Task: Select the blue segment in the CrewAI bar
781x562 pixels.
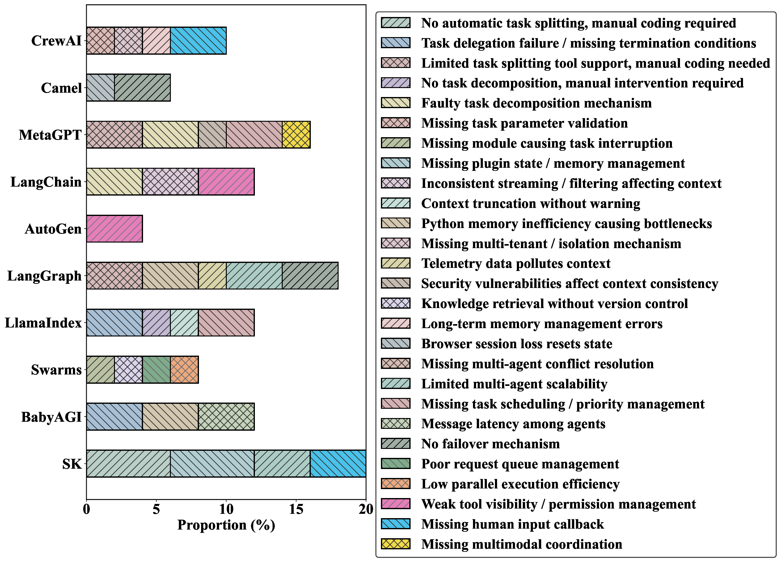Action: [x=198, y=41]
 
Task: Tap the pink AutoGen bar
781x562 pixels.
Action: [x=114, y=229]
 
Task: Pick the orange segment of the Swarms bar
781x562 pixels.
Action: [x=184, y=370]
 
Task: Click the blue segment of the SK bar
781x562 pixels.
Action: [x=338, y=463]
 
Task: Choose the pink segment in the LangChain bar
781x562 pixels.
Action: [x=226, y=181]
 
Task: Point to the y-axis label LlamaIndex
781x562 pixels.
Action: [x=43, y=323]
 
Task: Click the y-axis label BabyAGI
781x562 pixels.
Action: [x=51, y=417]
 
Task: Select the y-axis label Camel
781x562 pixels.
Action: [x=61, y=88]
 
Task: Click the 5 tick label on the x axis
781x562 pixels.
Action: [x=156, y=509]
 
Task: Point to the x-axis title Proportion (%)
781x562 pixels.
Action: [x=226, y=525]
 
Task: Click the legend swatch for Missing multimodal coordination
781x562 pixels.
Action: [x=395, y=544]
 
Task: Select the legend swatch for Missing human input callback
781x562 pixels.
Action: [x=395, y=524]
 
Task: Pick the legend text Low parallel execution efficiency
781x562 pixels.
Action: [x=520, y=484]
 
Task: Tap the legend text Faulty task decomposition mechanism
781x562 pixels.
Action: [x=536, y=103]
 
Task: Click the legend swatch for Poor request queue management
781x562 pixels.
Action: [x=395, y=463]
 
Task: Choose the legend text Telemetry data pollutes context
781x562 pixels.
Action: [x=516, y=264]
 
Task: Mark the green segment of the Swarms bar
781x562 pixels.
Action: [x=156, y=370]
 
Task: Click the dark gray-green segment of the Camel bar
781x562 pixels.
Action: [x=142, y=88]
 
